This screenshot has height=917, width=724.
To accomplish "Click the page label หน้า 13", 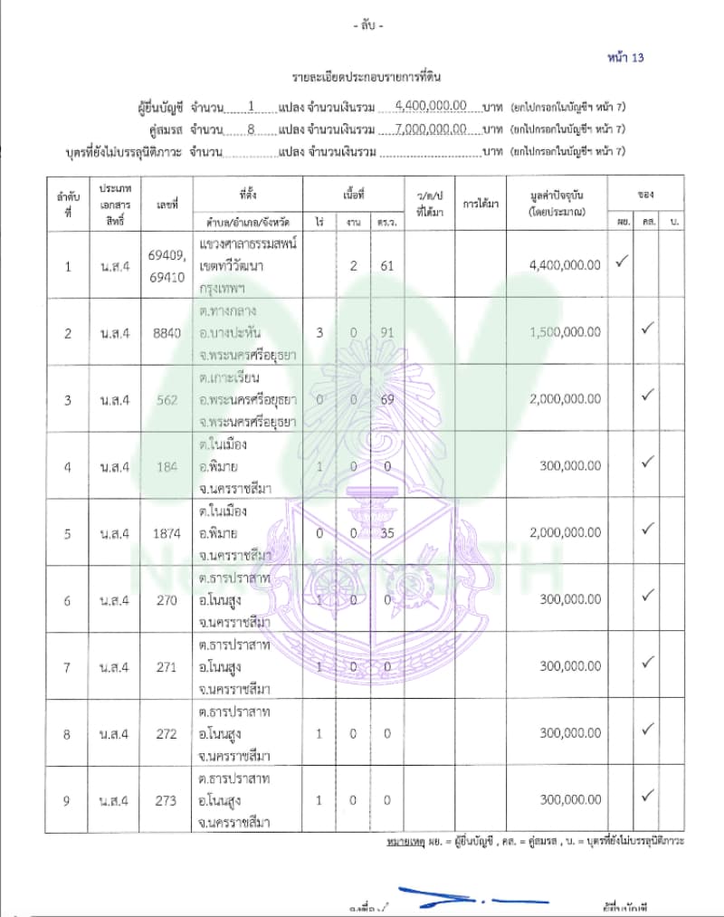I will [625, 58].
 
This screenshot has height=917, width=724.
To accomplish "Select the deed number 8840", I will [167, 332].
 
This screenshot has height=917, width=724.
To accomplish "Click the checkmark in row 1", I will [622, 263].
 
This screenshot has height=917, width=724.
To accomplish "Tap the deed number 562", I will [167, 399].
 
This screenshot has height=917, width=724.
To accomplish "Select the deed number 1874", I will [167, 533].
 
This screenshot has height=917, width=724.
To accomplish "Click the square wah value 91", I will [386, 332].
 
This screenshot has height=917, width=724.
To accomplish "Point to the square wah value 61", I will [386, 265].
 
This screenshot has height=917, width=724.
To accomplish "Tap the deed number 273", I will [167, 800].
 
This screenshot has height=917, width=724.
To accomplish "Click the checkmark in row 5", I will [647, 528].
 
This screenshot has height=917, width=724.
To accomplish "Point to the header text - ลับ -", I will [367, 26].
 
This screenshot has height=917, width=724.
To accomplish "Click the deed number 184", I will [167, 466].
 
